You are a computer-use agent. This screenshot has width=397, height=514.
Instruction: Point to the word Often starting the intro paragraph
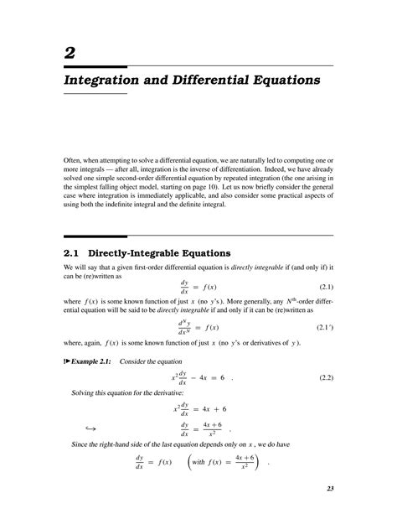click(74, 158)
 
